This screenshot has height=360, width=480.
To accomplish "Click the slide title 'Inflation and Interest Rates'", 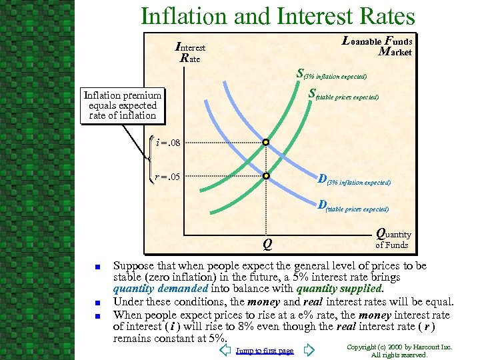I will pyautogui.click(x=277, y=16).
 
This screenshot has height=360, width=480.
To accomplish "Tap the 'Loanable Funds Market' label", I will pyautogui.click(x=377, y=46).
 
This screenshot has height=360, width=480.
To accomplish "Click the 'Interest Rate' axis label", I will pyautogui.click(x=190, y=53).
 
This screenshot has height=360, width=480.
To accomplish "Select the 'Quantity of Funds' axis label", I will pyautogui.click(x=393, y=239).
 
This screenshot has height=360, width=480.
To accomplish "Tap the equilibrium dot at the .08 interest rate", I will pyautogui.click(x=265, y=143).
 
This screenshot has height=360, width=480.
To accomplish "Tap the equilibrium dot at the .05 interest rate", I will pyautogui.click(x=265, y=177).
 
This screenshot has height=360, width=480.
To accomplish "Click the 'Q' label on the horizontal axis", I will pyautogui.click(x=266, y=244).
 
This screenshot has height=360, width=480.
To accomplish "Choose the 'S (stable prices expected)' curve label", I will pyautogui.click(x=343, y=96).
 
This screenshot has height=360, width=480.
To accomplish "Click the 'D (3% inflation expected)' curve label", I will pyautogui.click(x=354, y=179).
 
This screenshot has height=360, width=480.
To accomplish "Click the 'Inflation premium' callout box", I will pyautogui.click(x=121, y=105).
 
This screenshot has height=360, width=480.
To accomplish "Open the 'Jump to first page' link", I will pyautogui.click(x=265, y=351).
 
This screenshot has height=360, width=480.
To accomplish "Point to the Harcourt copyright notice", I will pyautogui.click(x=401, y=351).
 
